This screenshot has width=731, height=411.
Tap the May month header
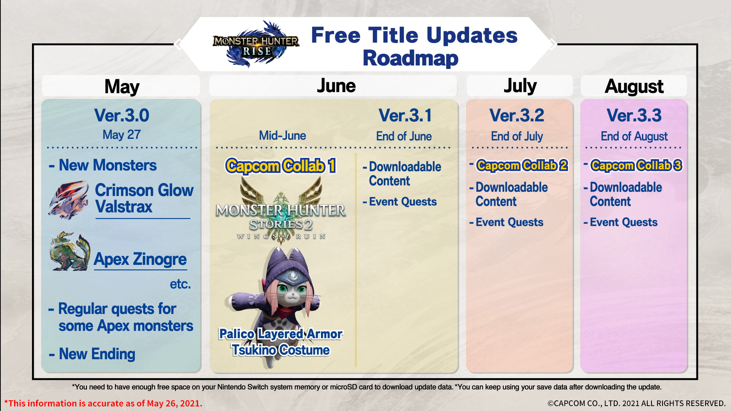(122, 86)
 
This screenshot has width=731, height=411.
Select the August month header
(634, 86)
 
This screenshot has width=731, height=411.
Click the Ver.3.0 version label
(121, 115)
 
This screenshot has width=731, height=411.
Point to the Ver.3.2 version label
(517, 115)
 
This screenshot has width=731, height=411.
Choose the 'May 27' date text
(121, 135)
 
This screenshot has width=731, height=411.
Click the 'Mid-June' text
(282, 135)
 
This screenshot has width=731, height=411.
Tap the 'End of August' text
(634, 136)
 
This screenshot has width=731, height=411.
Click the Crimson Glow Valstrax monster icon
(69, 200)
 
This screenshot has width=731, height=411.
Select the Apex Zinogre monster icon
(70, 252)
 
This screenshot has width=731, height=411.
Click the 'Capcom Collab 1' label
(281, 166)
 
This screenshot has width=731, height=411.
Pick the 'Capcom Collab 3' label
(636, 166)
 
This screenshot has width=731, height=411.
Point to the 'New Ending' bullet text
(92, 354)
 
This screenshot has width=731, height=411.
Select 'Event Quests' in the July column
(506, 222)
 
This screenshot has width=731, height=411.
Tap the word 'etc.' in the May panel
(180, 284)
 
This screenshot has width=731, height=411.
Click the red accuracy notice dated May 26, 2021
(103, 403)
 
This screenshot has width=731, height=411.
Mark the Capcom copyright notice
(637, 403)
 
